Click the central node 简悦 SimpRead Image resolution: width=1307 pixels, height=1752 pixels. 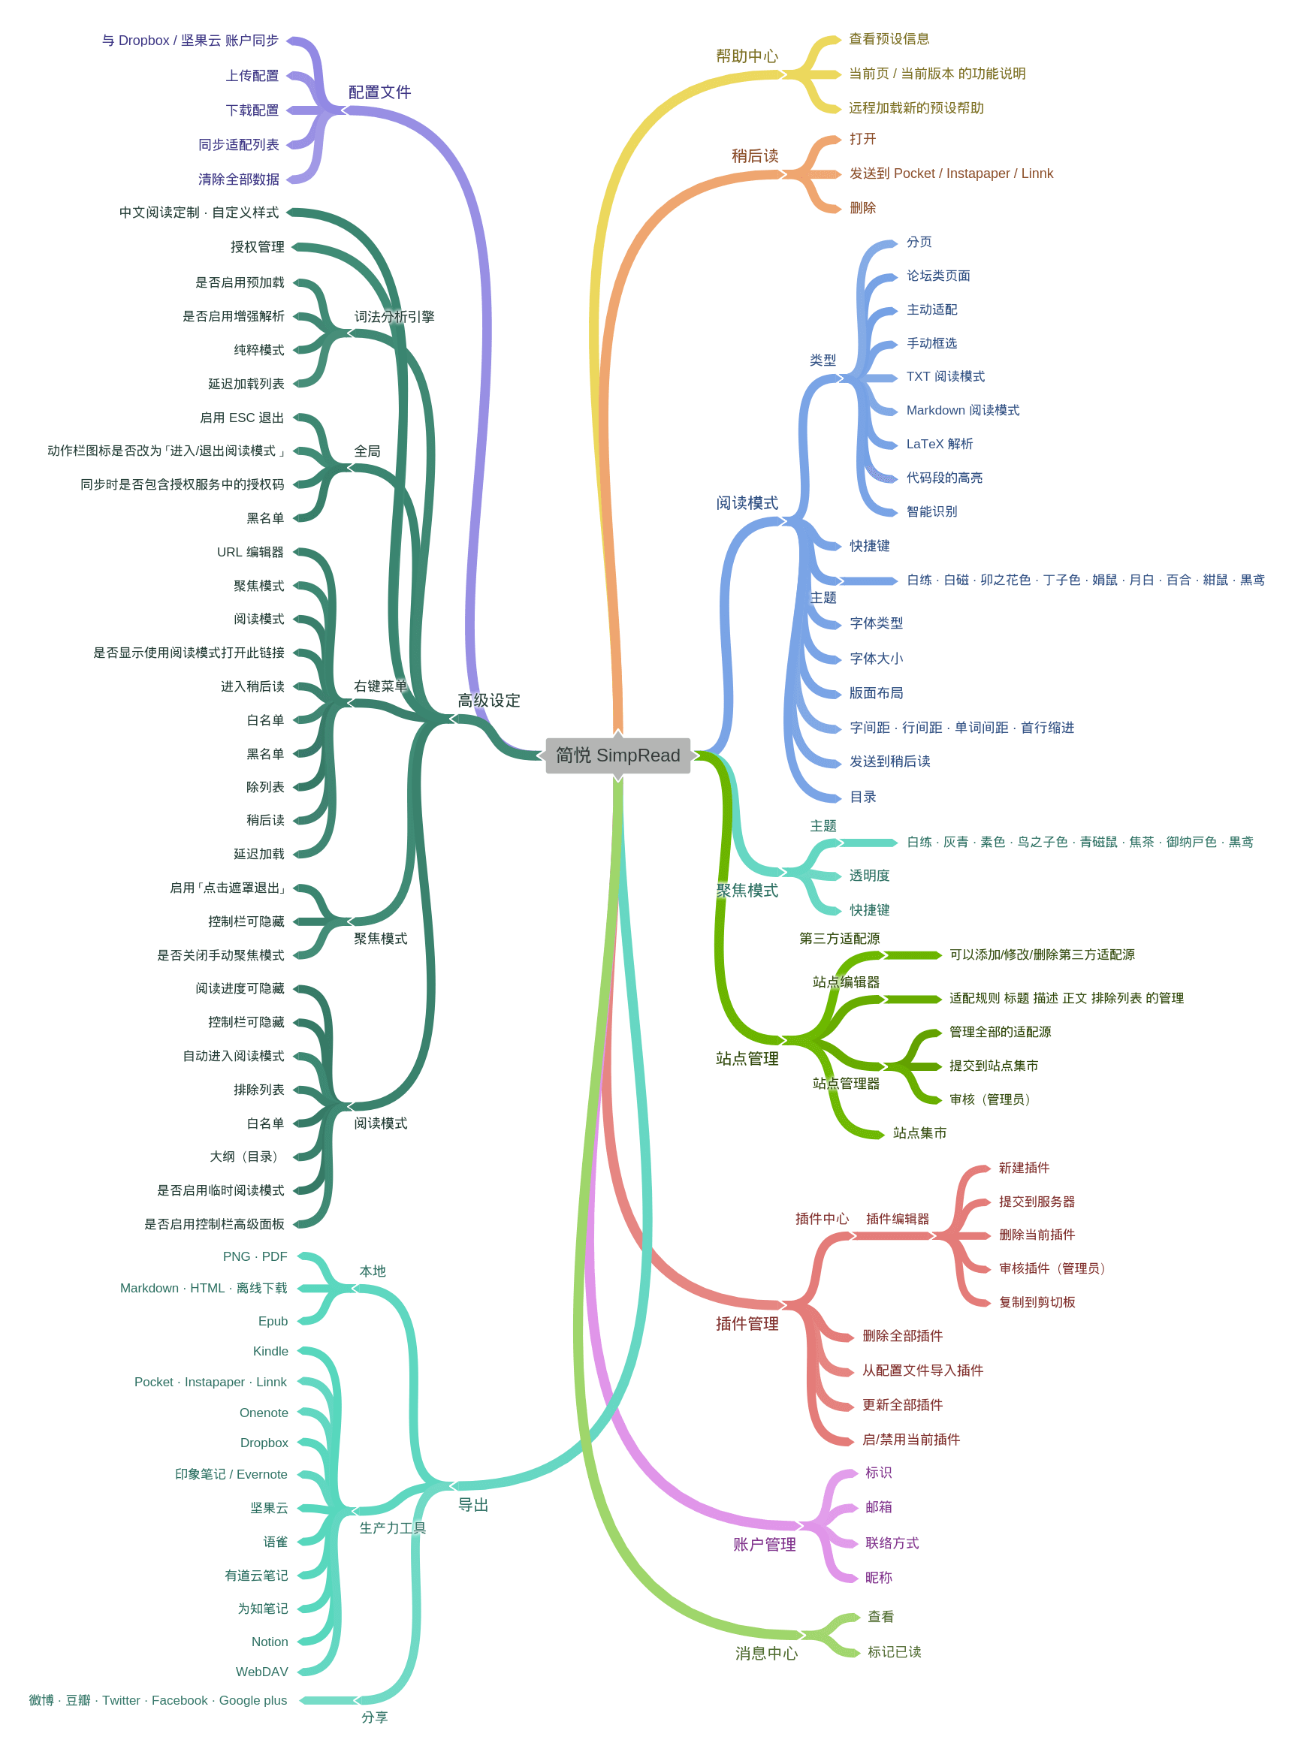(617, 755)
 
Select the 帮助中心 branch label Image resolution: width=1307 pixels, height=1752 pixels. (747, 56)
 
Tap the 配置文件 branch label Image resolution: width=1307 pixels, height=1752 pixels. (379, 92)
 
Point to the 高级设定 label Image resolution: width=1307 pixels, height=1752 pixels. (488, 700)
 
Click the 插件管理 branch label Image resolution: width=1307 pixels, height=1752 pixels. (747, 1323)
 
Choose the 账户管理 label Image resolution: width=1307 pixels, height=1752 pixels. (763, 1544)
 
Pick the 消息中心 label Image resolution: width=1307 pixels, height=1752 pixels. (766, 1653)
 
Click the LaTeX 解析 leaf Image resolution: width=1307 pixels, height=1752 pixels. (939, 444)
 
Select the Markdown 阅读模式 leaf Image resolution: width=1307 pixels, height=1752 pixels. (962, 410)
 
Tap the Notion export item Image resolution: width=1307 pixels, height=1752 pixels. (269, 1642)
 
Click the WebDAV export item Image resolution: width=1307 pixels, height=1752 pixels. (261, 1672)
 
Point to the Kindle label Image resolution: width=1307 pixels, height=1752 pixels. (270, 1351)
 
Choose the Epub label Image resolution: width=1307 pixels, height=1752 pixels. (272, 1321)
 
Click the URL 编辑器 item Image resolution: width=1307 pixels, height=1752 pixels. (250, 552)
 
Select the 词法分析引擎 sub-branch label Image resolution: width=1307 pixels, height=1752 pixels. (394, 316)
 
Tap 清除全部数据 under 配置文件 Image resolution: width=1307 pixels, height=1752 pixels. (238, 179)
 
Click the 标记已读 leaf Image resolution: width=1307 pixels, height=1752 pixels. (894, 1651)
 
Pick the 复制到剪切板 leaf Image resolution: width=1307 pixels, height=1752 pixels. (1037, 1302)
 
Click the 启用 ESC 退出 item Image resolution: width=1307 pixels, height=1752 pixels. (241, 418)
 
